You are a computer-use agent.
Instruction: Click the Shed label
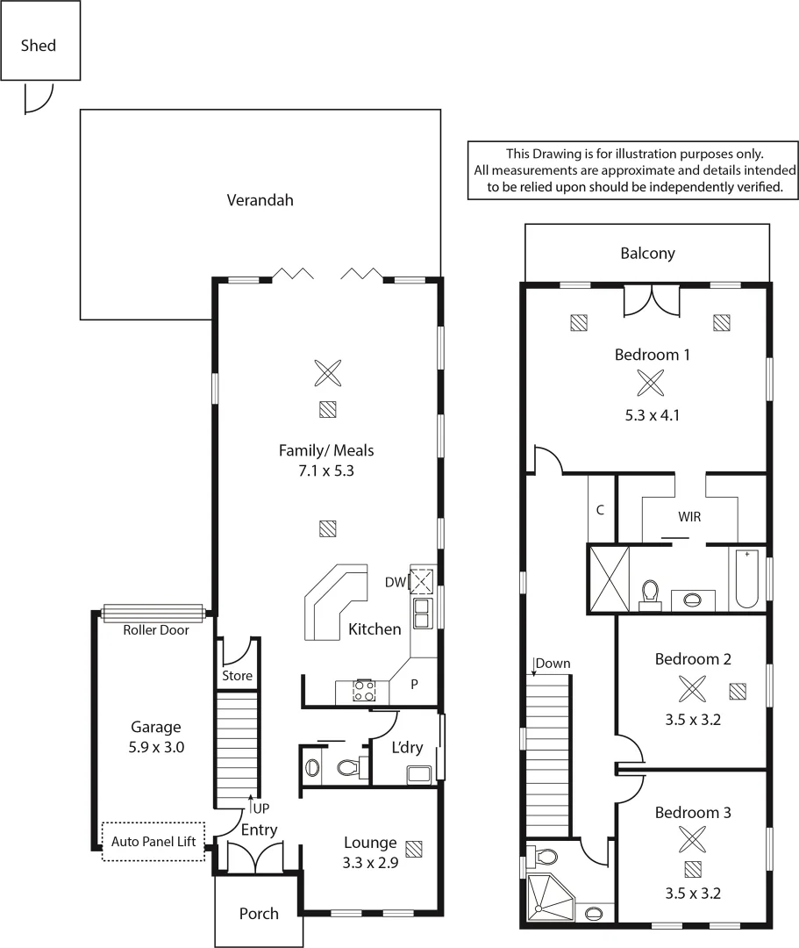point(39,46)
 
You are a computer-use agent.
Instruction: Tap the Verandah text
point(260,200)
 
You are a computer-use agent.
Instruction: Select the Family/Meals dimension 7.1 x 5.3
point(326,470)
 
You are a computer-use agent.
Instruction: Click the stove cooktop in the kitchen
point(364,691)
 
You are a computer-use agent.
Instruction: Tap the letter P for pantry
point(414,682)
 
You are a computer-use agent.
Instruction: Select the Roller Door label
point(155,629)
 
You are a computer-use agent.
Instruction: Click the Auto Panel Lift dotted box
point(153,841)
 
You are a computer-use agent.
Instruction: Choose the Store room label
point(237,676)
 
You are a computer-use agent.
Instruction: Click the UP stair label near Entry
point(260,805)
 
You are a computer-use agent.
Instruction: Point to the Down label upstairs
point(553,664)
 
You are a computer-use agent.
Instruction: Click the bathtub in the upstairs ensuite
point(748,579)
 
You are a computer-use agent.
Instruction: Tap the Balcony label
point(647,254)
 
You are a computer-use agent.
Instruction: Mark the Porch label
point(259,914)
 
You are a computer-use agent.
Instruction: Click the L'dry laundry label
point(407,749)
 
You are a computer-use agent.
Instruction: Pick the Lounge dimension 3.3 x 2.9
point(370,863)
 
